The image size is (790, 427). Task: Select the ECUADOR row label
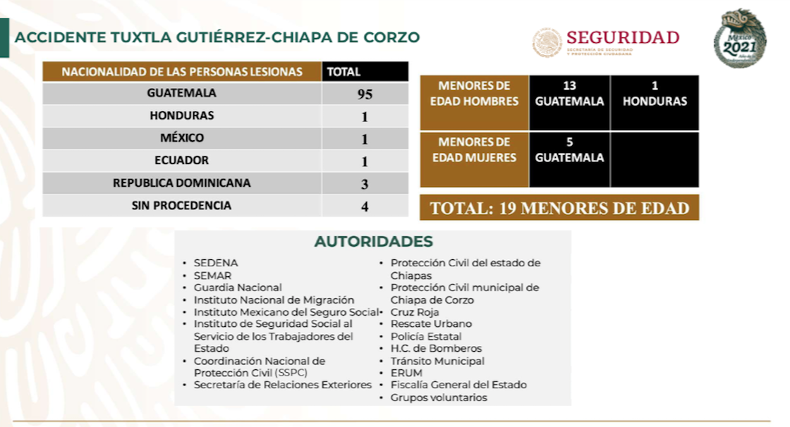coord(182,161)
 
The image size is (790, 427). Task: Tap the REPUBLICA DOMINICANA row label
coord(182,183)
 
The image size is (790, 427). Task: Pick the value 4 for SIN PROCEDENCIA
coord(365,207)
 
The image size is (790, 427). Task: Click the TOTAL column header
coord(344,72)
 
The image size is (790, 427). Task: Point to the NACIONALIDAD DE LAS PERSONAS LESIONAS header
coord(182,72)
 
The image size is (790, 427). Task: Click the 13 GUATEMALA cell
coord(569,94)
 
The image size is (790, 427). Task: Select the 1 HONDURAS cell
coord(654,94)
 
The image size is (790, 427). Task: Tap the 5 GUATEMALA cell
coord(569,150)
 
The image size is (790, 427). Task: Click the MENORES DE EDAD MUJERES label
coord(474,150)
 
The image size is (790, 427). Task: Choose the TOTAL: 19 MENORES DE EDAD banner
coord(559,208)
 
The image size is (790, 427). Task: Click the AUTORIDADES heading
coord(373,242)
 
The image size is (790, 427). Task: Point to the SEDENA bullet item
coord(215,263)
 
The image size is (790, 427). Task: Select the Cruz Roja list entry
coord(415,312)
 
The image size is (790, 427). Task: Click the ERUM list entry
coord(406,373)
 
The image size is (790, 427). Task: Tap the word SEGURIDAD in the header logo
coord(622,37)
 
